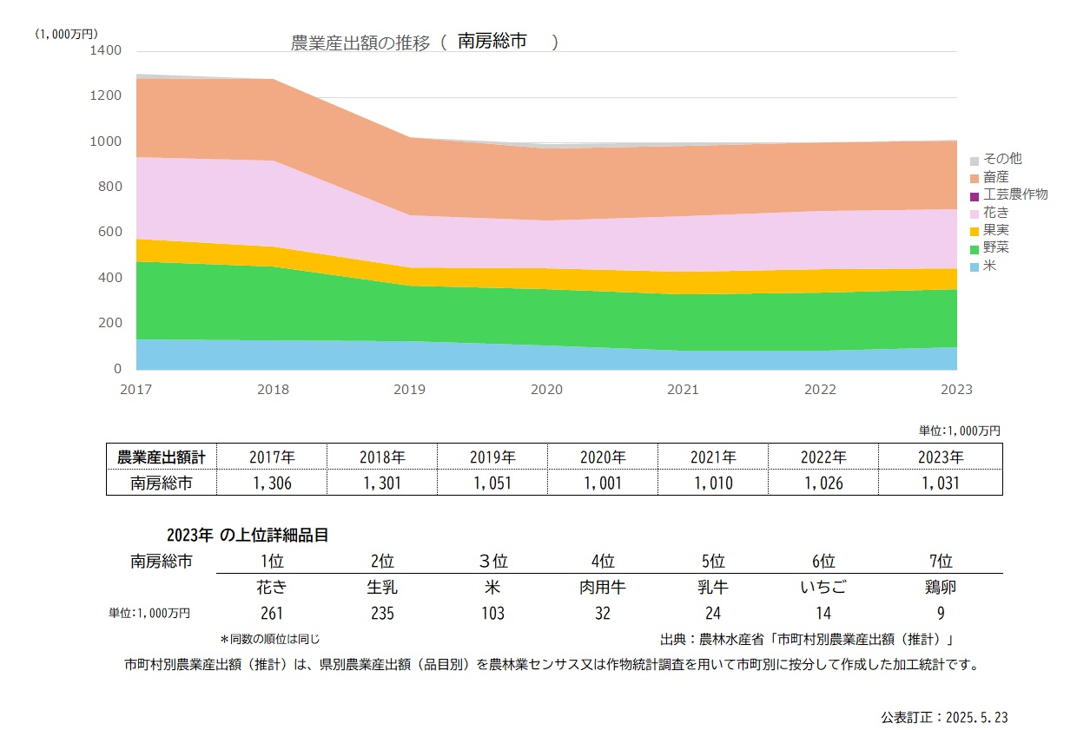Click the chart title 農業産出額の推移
(x=360, y=43)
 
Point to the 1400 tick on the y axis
(x=105, y=50)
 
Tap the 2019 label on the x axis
(x=410, y=390)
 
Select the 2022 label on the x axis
(x=820, y=390)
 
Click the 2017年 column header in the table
(x=272, y=457)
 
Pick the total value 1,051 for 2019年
(x=492, y=483)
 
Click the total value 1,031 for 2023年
(x=941, y=483)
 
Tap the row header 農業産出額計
(x=162, y=457)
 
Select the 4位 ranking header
(x=603, y=561)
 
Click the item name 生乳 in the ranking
(x=382, y=587)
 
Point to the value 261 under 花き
(x=272, y=614)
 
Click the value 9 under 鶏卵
(x=940, y=614)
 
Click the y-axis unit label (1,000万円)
(x=67, y=34)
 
